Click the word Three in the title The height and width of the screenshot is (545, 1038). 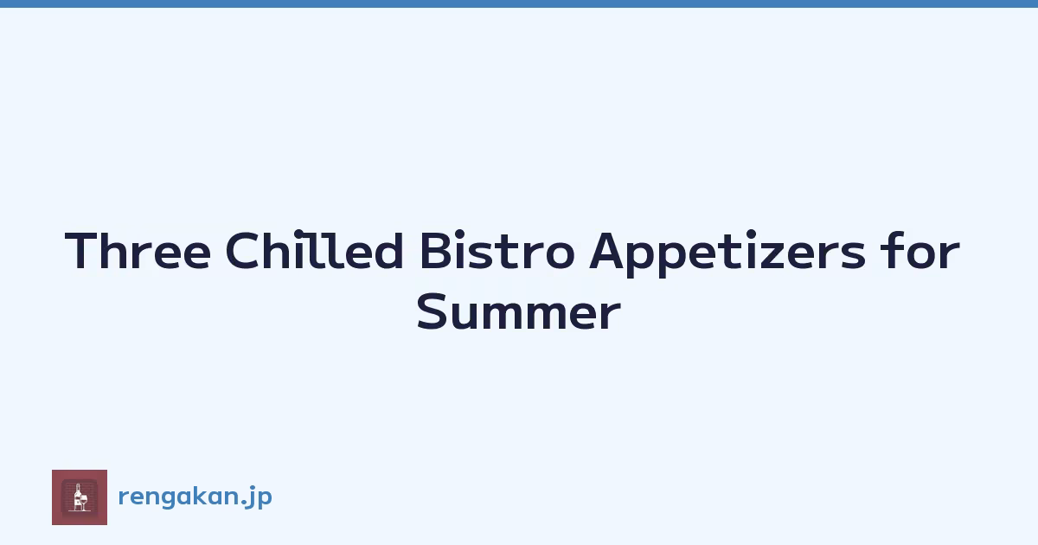point(138,250)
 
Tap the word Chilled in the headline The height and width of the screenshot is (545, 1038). point(314,249)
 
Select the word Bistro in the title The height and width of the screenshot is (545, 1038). point(497,250)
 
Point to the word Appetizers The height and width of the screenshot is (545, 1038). point(727,253)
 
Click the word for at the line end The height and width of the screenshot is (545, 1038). point(919,249)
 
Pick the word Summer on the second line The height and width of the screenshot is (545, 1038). point(518,311)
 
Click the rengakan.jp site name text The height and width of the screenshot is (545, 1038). point(195,497)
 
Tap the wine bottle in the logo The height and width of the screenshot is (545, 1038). point(77,497)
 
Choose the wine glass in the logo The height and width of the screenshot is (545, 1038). point(84,503)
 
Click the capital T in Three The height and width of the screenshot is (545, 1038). point(81,250)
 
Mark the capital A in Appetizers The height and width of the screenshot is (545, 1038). point(607,250)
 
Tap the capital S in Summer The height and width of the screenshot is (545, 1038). point(432,311)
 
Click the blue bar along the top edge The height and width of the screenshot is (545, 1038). point(519,3)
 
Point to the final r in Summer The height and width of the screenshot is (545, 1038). point(611,317)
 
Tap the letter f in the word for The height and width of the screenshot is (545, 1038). point(890,249)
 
